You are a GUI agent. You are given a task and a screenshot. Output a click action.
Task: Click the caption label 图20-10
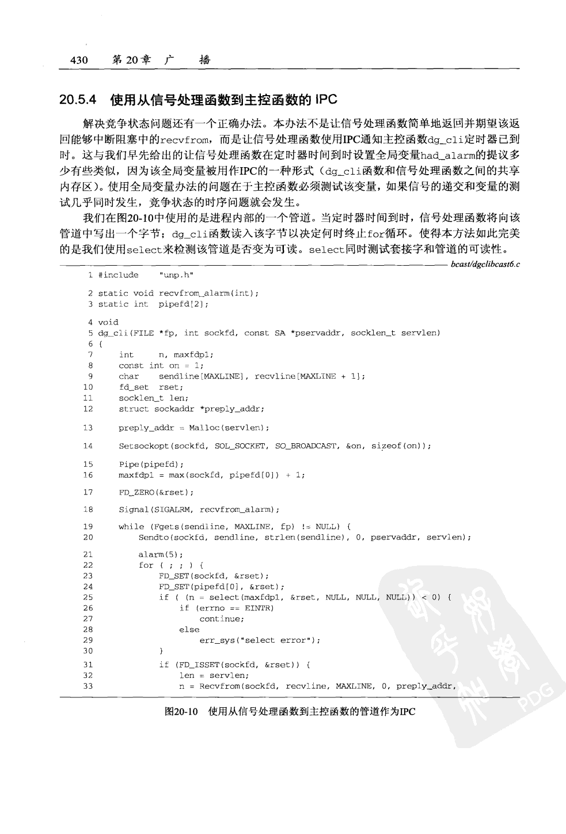click(181, 711)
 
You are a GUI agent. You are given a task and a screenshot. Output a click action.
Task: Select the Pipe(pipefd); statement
click(151, 464)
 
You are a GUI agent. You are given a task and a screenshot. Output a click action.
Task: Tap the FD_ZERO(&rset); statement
click(156, 492)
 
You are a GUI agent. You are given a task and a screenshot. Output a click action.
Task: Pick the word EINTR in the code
click(259, 608)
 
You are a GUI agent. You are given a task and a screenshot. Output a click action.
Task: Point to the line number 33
click(88, 686)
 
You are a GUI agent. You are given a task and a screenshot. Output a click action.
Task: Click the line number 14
click(88, 446)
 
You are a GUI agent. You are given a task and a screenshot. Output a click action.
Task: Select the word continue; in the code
click(222, 619)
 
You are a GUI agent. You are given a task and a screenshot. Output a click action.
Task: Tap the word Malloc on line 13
click(203, 428)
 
